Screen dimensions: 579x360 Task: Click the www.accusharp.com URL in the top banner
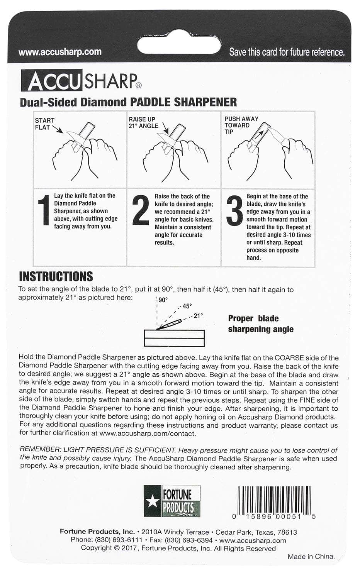tap(60, 52)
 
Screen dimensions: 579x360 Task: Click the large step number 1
tap(45, 211)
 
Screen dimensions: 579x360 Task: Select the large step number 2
tap(140, 211)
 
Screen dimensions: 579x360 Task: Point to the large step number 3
tap(234, 211)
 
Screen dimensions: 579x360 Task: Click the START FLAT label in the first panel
tap(44, 124)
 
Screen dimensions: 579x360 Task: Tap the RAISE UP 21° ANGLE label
tap(143, 123)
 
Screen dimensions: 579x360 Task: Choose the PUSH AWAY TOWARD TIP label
tap(241, 125)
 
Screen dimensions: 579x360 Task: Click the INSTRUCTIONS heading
tap(56, 276)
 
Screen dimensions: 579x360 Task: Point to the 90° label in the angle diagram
tap(163, 300)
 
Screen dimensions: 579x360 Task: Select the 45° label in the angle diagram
tap(187, 306)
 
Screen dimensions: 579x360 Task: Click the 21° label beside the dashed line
tap(198, 316)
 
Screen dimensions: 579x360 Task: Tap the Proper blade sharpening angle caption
tap(260, 323)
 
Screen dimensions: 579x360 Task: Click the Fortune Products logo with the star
tap(173, 501)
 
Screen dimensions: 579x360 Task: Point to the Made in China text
tap(311, 556)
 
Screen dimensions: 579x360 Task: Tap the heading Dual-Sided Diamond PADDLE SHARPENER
tap(128, 102)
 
